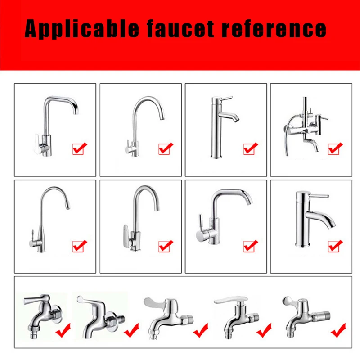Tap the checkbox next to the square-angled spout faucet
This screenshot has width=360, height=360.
[x=80, y=148]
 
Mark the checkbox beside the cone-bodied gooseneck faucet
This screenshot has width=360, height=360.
[x=80, y=246]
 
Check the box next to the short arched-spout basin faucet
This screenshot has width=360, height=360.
[x=335, y=246]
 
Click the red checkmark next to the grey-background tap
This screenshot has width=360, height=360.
[x=63, y=331]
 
